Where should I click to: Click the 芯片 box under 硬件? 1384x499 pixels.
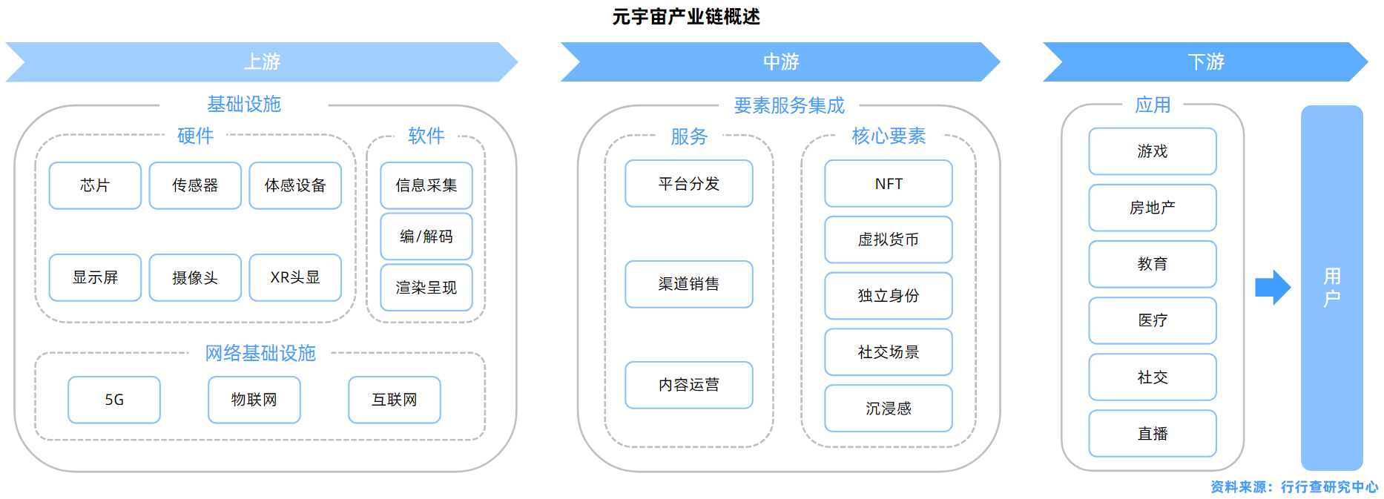tap(95, 185)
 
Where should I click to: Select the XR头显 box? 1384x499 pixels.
tap(295, 277)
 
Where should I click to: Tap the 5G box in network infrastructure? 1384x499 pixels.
tap(114, 400)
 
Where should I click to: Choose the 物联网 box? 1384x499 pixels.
tap(254, 400)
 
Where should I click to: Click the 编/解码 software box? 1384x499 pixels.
tap(426, 237)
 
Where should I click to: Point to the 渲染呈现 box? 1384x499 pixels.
tap(426, 288)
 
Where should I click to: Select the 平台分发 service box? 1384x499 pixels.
tap(689, 184)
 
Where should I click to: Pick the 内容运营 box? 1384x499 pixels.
tap(689, 385)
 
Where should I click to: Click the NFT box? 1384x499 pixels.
tap(889, 184)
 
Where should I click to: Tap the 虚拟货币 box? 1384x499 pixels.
tap(889, 239)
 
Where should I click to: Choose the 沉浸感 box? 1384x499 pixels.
tap(889, 409)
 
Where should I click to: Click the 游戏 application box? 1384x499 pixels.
tap(1153, 151)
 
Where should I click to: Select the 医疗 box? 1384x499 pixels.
tap(1153, 320)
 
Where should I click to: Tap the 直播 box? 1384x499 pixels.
tap(1153, 434)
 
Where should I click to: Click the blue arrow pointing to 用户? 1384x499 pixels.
tap(1273, 288)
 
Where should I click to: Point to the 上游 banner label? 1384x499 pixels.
tap(263, 62)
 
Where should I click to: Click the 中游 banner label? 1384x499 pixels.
tap(781, 62)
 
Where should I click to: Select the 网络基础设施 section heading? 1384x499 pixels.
tap(260, 353)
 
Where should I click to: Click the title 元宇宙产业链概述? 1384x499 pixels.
tap(686, 16)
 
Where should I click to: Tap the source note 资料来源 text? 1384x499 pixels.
tap(1294, 487)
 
